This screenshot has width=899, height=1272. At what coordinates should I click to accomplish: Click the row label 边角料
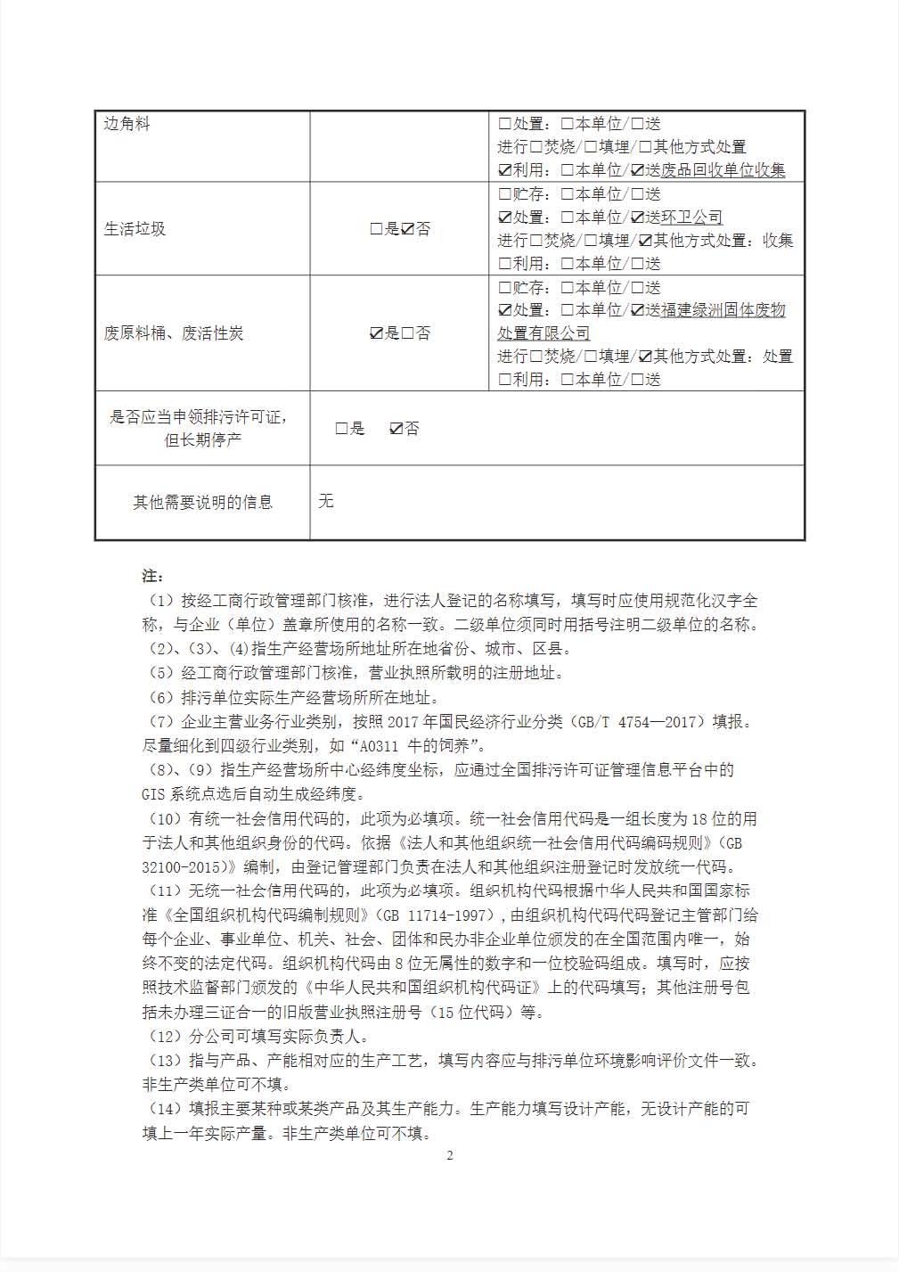point(127,124)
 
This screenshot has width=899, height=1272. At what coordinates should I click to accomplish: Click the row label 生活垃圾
point(135,229)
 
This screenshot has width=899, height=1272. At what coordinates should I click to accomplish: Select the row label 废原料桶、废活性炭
point(174,333)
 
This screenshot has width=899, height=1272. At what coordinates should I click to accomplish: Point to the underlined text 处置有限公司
point(543,333)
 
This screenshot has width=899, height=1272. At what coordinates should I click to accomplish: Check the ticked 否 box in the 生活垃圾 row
point(408,229)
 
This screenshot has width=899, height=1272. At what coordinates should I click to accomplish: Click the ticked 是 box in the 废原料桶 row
point(377,333)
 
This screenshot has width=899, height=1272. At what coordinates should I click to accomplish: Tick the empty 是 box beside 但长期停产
point(341,429)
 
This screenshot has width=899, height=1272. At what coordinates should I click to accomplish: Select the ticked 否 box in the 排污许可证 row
point(396,429)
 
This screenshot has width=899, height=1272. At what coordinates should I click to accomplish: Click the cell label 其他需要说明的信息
point(203,503)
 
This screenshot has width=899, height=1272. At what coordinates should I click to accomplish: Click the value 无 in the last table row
point(326,501)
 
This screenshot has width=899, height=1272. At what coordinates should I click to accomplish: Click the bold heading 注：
point(152,575)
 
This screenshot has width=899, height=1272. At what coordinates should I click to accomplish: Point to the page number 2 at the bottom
point(450,1156)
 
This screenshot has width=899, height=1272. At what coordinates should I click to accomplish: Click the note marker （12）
point(163,1037)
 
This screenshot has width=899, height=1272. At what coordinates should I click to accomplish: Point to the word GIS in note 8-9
point(153,793)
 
